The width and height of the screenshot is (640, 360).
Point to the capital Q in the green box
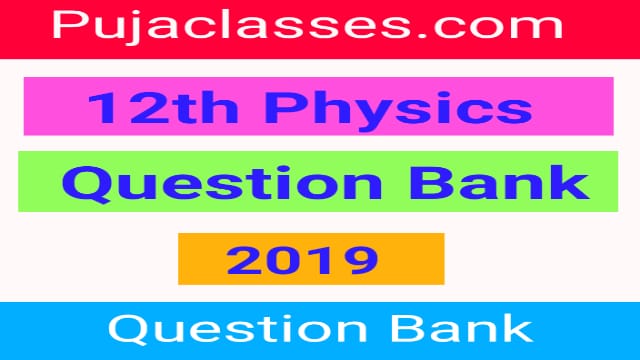(x=87, y=185)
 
